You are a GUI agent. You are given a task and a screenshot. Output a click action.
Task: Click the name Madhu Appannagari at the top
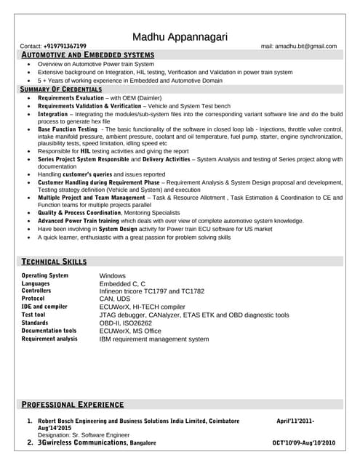click(180, 37)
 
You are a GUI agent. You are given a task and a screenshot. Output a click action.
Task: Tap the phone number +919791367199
click(65, 46)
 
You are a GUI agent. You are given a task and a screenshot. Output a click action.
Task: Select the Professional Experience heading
click(72, 405)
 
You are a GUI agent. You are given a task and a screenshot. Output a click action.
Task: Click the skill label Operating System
click(45, 276)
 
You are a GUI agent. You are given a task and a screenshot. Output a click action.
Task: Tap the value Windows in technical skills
click(113, 276)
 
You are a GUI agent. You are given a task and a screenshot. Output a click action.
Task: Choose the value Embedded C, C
click(123, 284)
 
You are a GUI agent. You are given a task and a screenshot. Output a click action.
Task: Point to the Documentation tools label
click(49, 331)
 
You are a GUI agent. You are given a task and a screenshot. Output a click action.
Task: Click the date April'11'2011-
click(295, 421)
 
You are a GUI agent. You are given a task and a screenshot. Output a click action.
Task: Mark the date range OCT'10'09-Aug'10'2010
click(304, 442)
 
